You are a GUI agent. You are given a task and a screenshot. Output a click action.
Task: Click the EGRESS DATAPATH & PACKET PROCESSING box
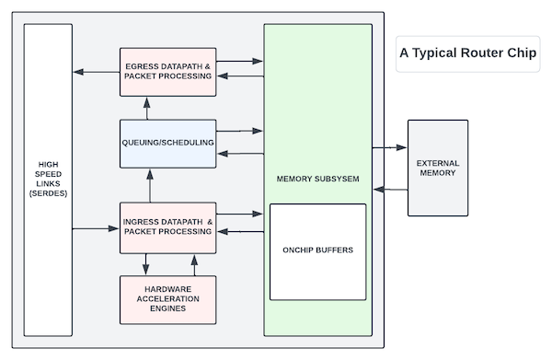click(168, 70)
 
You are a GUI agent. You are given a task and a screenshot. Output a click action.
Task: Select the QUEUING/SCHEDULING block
click(168, 143)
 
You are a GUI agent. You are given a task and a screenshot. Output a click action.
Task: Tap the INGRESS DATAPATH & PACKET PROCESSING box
click(168, 226)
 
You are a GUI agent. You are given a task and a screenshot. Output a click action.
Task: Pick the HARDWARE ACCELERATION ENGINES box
click(168, 296)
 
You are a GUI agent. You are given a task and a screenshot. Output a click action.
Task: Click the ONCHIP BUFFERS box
click(317, 251)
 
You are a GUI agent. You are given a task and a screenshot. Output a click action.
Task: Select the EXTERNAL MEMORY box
click(437, 168)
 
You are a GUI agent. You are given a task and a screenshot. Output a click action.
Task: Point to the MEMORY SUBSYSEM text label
click(317, 177)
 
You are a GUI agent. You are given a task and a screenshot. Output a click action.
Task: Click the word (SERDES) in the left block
click(48, 193)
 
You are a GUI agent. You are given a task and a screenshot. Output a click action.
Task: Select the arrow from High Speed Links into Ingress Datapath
click(97, 226)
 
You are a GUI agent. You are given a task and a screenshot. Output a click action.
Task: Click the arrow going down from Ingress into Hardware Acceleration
click(146, 263)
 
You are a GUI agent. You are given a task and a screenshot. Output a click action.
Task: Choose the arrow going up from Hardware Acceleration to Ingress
click(194, 263)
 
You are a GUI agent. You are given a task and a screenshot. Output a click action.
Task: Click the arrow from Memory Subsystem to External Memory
click(390, 146)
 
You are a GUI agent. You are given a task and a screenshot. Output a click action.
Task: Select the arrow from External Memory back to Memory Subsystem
click(390, 190)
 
